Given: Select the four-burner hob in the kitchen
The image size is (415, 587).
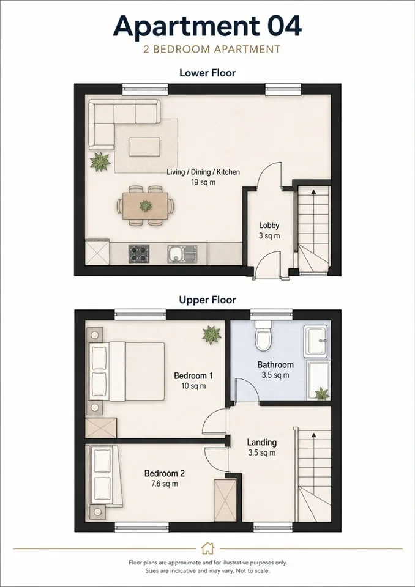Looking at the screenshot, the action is [x=139, y=254].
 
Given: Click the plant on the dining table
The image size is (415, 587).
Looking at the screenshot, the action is [x=145, y=205].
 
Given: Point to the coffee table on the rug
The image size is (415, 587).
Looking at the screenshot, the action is [x=144, y=147].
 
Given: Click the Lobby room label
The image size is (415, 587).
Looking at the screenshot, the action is [x=269, y=226].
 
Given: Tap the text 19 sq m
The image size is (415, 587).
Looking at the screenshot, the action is [x=203, y=182].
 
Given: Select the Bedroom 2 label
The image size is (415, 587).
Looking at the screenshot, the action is [x=165, y=473].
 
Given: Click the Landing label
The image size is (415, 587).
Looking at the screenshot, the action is [x=262, y=443].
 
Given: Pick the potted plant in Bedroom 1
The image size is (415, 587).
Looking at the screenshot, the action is [x=211, y=334].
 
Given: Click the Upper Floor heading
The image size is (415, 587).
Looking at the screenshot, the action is [x=207, y=300].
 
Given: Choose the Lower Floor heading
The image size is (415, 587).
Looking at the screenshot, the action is [x=207, y=73].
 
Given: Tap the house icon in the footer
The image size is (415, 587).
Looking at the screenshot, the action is [x=207, y=548].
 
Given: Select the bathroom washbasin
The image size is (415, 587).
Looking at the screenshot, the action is [x=317, y=341].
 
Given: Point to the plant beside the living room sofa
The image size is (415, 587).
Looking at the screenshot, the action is [x=100, y=161].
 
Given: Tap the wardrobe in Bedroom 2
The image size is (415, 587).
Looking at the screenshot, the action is [x=225, y=500].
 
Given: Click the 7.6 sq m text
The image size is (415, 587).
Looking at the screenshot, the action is [x=165, y=484].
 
